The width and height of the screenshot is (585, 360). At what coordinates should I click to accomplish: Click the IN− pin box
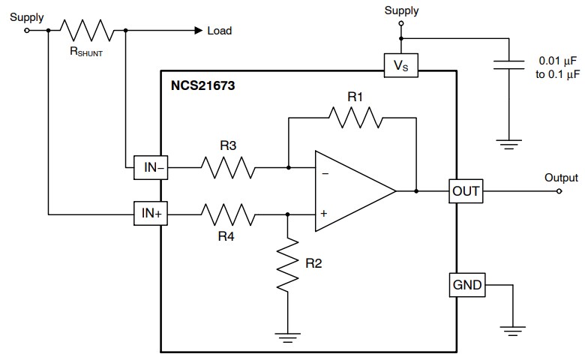click(x=151, y=168)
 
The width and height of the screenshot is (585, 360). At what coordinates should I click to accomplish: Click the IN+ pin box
click(x=151, y=213)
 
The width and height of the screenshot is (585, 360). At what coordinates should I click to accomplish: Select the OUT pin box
click(x=465, y=191)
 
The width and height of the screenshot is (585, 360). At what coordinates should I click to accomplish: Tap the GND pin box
click(x=465, y=285)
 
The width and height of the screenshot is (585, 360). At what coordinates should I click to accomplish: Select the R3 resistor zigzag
click(x=228, y=168)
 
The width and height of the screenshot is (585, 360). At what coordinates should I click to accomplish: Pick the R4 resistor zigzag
click(x=228, y=213)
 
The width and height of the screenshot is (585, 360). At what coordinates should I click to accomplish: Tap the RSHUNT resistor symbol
click(x=87, y=31)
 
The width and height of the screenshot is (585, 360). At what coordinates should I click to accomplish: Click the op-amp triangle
click(x=352, y=191)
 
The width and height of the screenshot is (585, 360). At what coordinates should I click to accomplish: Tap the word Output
click(x=561, y=178)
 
